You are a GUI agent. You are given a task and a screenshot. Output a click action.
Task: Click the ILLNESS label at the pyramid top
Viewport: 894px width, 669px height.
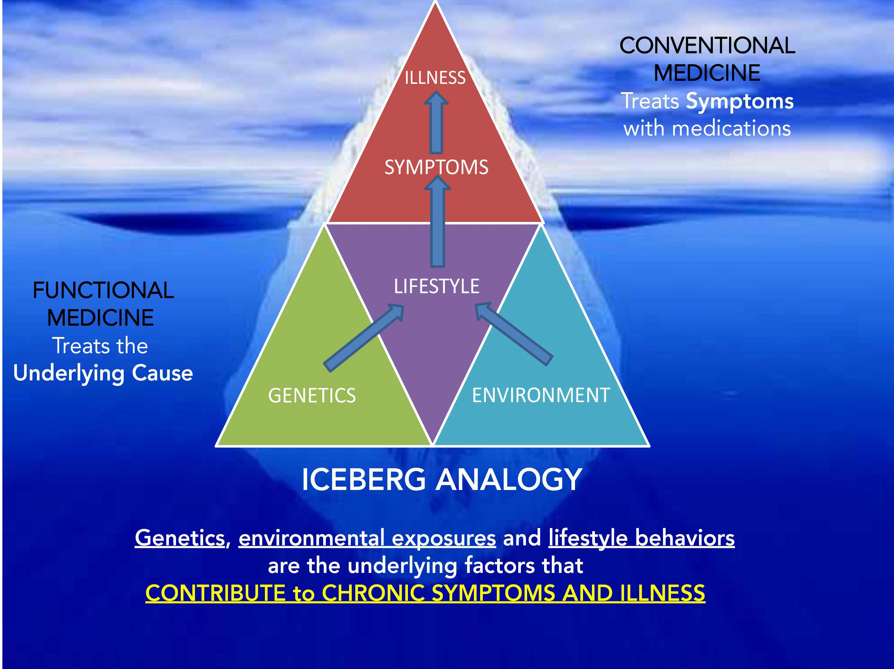[435, 78]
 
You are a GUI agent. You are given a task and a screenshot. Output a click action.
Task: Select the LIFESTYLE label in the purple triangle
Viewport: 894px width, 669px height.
[436, 287]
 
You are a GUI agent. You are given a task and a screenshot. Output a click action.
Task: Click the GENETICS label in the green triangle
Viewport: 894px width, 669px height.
[312, 395]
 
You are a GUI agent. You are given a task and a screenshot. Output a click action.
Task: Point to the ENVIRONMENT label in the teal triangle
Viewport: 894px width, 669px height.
[541, 395]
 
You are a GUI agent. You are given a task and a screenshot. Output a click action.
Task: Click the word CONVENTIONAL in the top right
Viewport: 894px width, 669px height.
[707, 45]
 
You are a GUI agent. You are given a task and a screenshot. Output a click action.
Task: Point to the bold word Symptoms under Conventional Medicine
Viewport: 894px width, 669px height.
[740, 101]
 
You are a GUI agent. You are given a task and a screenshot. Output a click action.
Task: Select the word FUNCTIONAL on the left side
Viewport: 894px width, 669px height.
[103, 290]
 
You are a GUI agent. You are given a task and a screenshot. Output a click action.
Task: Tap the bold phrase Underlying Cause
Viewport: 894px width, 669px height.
[103, 373]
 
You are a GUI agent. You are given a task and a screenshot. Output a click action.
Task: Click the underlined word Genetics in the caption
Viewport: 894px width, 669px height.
[180, 538]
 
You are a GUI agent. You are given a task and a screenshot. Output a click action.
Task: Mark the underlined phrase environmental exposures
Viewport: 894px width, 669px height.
[367, 538]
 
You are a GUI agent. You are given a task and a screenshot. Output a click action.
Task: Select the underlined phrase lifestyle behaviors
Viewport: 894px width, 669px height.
[641, 538]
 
